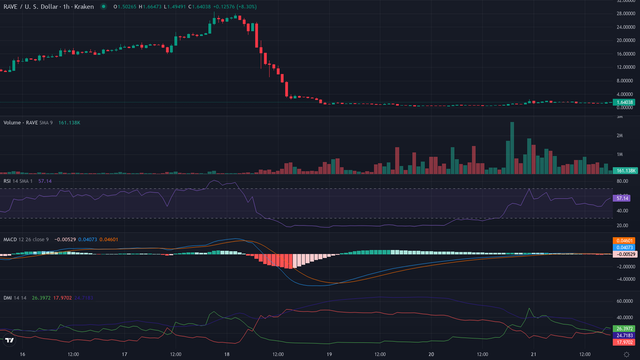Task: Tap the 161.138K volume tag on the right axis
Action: pos(625,171)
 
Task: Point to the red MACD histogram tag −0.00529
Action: pos(625,254)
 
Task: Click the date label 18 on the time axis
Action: pos(227,354)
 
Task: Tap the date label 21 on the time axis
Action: pos(533,354)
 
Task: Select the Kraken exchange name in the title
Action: pos(84,6)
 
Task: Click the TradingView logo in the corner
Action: pos(9,340)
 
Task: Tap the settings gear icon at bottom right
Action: pos(626,354)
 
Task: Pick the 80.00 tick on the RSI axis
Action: pos(621,181)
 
